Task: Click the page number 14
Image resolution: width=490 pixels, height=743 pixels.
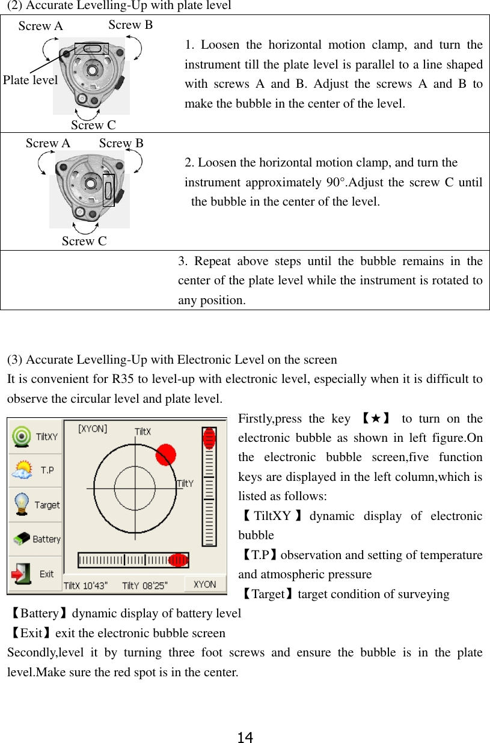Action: coord(245,737)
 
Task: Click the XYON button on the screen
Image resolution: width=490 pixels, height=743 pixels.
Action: coord(204,584)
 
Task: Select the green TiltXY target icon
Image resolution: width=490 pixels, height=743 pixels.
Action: coord(22,436)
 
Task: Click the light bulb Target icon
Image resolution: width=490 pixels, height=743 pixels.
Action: coord(22,504)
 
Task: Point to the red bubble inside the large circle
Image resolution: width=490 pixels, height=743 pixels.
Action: coord(165,454)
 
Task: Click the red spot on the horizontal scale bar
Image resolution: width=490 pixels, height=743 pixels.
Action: coord(178,560)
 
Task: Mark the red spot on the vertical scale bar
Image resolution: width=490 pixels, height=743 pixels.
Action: coord(209,438)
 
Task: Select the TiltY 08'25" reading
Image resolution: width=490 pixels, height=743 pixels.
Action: coord(145,585)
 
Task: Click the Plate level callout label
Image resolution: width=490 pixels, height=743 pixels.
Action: coord(30,80)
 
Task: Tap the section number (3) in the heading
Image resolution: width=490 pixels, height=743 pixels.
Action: coord(16,360)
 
